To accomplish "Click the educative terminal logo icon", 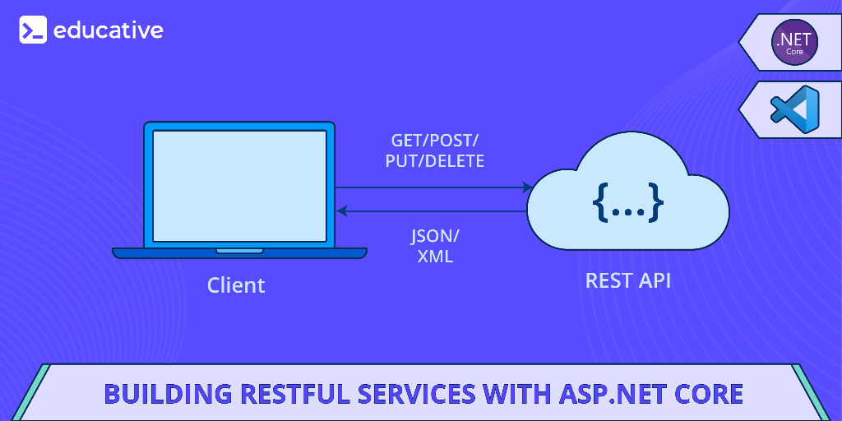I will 33,30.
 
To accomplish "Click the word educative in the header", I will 108,30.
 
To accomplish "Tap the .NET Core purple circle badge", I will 794,41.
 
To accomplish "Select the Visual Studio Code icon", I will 794,109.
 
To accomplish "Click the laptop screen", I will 239,186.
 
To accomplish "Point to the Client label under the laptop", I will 236,285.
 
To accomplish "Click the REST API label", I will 627,280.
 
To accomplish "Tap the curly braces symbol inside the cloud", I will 627,201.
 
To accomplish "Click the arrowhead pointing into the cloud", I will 529,187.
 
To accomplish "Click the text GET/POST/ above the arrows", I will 434,140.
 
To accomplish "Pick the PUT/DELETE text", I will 434,161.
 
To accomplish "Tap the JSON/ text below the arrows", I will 435,236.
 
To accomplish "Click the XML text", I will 435,257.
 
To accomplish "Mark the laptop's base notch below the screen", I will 239,251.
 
